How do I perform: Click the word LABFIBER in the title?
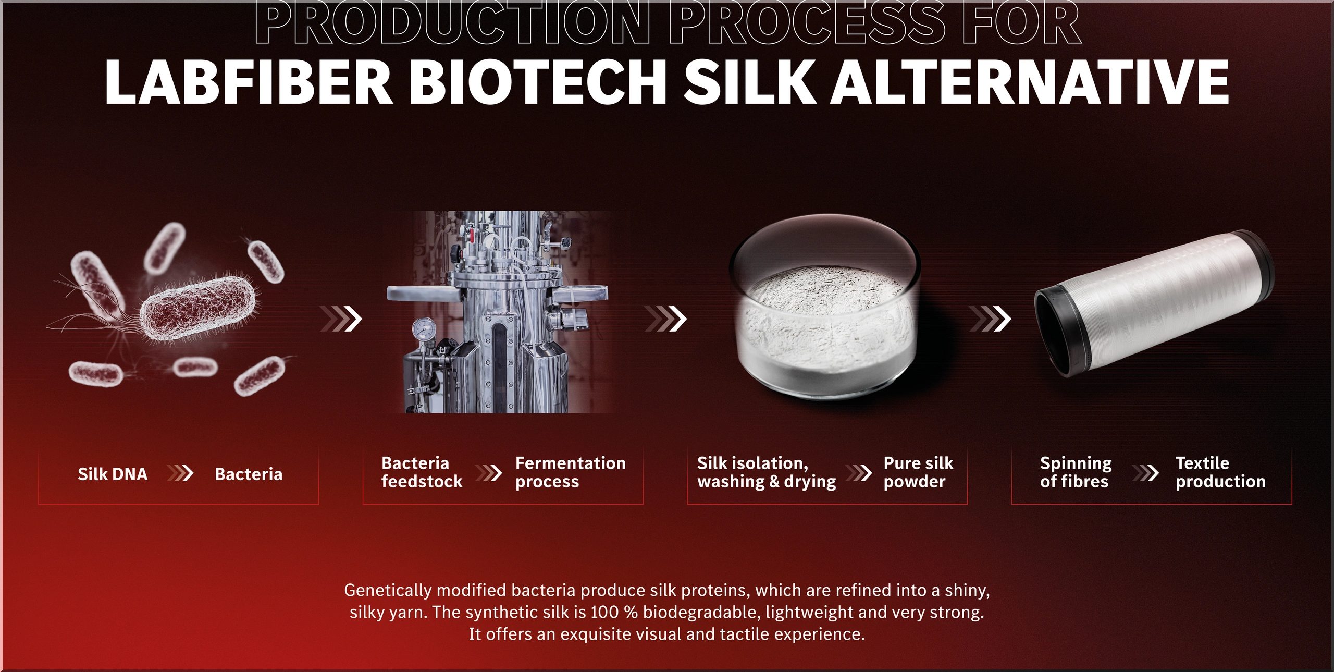click(249, 82)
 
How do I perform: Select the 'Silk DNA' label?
click(113, 474)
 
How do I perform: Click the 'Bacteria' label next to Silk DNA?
click(249, 474)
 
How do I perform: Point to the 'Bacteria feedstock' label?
click(422, 472)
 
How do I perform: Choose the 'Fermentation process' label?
click(570, 472)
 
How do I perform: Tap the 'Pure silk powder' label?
click(918, 472)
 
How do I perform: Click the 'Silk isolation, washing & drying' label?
click(767, 472)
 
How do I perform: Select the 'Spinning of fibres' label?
click(1076, 472)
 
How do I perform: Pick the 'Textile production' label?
click(1220, 472)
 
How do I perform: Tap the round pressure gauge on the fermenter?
click(424, 329)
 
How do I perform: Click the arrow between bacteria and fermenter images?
click(341, 319)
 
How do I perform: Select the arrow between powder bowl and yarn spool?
click(990, 319)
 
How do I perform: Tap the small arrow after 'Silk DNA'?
click(180, 473)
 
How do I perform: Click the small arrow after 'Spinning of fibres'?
click(1145, 473)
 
